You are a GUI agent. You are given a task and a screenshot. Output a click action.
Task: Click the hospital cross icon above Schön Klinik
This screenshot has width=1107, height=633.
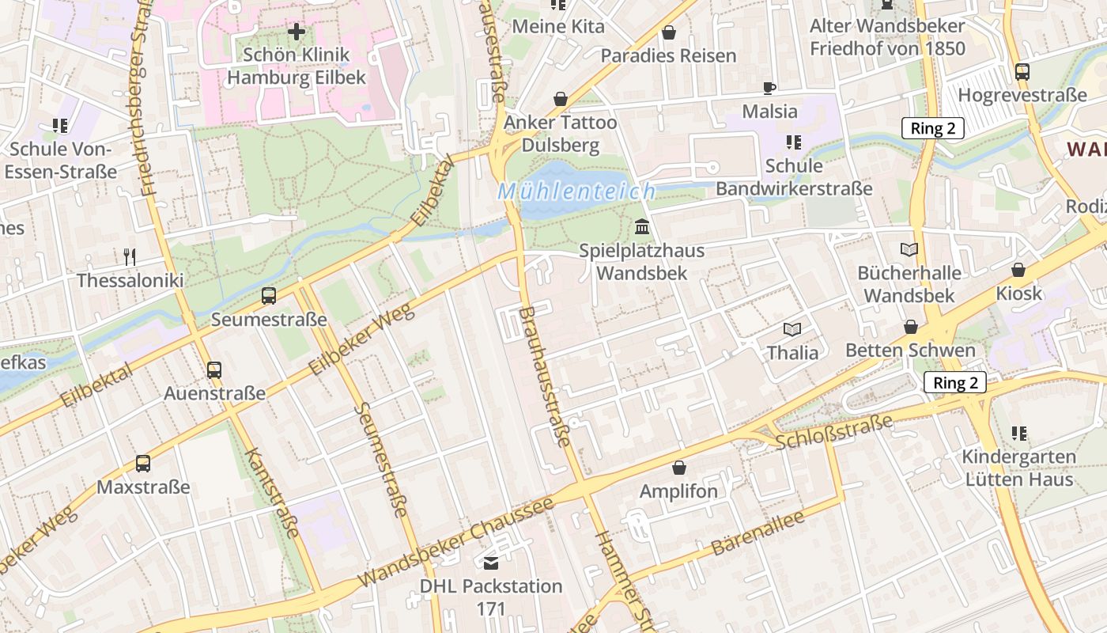(x=297, y=32)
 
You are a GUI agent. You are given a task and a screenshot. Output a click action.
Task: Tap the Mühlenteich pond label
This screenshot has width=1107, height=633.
(x=576, y=191)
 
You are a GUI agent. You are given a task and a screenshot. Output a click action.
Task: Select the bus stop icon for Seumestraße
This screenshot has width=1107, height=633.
(x=269, y=297)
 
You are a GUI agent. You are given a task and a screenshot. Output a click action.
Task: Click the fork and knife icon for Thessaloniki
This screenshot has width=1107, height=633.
(x=130, y=257)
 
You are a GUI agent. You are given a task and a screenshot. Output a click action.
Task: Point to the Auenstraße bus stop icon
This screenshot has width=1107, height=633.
(x=214, y=370)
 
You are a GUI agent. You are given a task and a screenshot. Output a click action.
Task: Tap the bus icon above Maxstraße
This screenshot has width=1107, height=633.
(x=143, y=464)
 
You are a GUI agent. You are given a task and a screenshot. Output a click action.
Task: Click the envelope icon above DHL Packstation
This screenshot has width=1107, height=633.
(x=491, y=563)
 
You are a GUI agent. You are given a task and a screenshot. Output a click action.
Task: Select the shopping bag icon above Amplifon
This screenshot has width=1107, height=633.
(x=678, y=468)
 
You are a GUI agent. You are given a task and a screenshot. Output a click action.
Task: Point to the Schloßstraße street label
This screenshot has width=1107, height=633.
(x=833, y=430)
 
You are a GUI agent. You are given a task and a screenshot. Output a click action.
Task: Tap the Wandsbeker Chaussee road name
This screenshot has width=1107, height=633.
(x=455, y=543)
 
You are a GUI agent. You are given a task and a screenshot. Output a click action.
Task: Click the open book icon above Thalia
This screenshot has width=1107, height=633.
(x=792, y=329)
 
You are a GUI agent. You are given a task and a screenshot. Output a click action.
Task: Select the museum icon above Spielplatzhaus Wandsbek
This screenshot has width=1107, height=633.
(x=642, y=228)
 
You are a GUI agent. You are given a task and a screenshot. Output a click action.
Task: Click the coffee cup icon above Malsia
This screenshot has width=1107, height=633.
(x=769, y=88)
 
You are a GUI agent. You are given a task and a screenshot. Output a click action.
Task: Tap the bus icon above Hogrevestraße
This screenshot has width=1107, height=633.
(x=1022, y=72)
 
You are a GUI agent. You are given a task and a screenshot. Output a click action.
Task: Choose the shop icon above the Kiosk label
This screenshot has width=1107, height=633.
(x=1018, y=270)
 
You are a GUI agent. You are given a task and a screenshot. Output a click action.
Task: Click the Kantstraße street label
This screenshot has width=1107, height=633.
(x=273, y=493)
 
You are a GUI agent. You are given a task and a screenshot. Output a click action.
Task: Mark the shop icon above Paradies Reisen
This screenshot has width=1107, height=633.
(x=669, y=32)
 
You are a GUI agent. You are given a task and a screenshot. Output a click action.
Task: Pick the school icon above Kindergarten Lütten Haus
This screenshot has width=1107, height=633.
(x=1018, y=434)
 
